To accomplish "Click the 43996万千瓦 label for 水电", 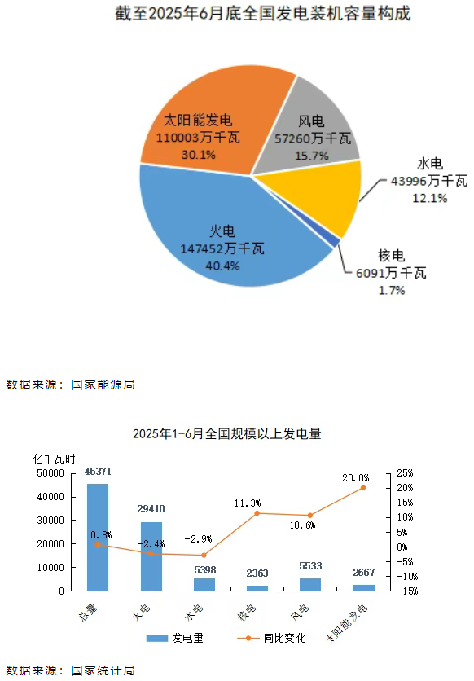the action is [x=429, y=181].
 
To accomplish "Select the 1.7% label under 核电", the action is [x=392, y=290].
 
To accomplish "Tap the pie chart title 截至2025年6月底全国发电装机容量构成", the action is [x=262, y=14].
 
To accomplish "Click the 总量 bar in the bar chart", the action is [x=98, y=538].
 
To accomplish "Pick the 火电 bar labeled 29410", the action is [x=151, y=556].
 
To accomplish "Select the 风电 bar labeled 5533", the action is [x=310, y=585].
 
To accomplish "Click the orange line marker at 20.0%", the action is [x=363, y=488].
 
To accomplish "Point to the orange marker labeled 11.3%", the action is [x=257, y=513].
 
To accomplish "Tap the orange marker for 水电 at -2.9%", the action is [x=204, y=555].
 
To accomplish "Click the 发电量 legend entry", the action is [x=174, y=638].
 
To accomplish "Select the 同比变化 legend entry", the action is [x=272, y=638].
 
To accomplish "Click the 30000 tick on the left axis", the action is [x=50, y=521].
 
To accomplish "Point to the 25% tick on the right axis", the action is [x=405, y=473].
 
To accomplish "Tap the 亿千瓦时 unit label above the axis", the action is [x=54, y=459].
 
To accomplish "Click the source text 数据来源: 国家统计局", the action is [x=70, y=670].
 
